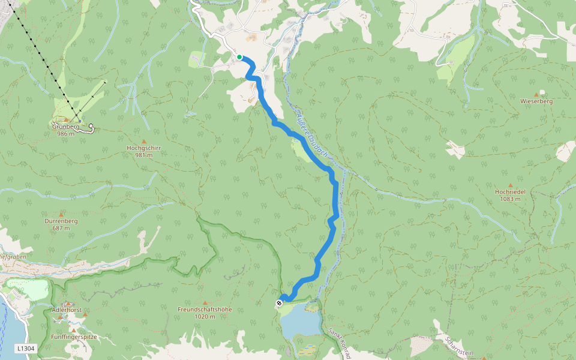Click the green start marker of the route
pyautogui.click(x=239, y=57)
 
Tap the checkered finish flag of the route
pyautogui.click(x=280, y=303)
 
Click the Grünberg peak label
pyautogui.click(x=65, y=127)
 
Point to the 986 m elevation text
pyautogui.click(x=65, y=134)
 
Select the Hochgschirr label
pyautogui.click(x=144, y=148)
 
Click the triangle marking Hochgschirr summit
pyautogui.click(x=144, y=140)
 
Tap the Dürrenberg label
pyautogui.click(x=61, y=221)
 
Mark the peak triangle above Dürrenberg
pyautogui.click(x=61, y=214)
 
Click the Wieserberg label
pyautogui.click(x=536, y=101)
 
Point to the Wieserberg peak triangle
pyautogui.click(x=542, y=94)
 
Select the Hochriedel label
pyautogui.click(x=510, y=191)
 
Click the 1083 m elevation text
pyautogui.click(x=510, y=199)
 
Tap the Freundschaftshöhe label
pyautogui.click(x=205, y=310)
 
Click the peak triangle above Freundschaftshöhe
pyautogui.click(x=205, y=302)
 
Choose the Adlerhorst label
pyautogui.click(x=67, y=310)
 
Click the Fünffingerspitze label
pyautogui.click(x=74, y=337)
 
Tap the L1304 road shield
pyautogui.click(x=26, y=348)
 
